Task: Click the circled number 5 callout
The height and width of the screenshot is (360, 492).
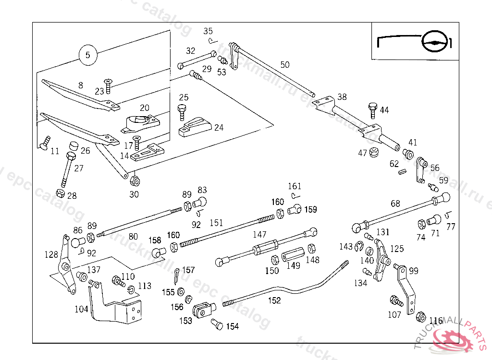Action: point(87,55)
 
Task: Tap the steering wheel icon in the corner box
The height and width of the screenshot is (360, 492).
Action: point(435,43)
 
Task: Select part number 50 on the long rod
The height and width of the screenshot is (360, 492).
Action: point(285,64)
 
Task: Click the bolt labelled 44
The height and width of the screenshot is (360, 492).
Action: point(373,109)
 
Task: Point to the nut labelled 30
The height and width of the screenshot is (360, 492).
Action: point(135,181)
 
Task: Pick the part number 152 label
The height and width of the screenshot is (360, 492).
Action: point(274,300)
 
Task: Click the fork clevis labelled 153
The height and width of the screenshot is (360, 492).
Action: point(202,311)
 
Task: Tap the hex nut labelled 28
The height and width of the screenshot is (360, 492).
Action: point(61,193)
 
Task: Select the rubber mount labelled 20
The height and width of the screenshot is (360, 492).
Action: point(140,124)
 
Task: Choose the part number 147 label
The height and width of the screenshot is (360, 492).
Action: point(259,235)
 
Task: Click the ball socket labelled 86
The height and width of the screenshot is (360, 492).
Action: point(78,242)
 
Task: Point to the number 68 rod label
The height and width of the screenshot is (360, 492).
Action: point(395,204)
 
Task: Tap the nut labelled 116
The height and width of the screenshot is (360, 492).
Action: point(421,317)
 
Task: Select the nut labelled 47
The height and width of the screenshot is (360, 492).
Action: point(374,153)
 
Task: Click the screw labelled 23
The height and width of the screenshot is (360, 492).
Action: point(109,86)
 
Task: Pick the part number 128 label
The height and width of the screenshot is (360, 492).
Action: point(51,254)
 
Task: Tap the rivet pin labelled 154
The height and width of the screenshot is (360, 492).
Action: point(217,325)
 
